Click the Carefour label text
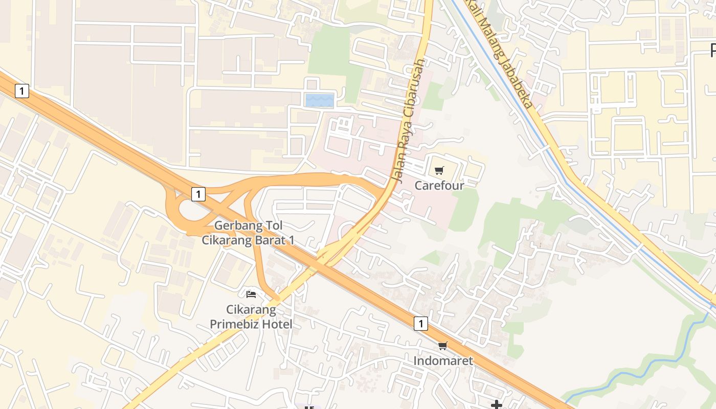[439, 185]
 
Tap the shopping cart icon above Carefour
[439, 170]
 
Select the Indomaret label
[443, 360]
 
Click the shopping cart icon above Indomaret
[443, 346]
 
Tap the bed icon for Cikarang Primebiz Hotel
[251, 294]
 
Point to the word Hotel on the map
[277, 324]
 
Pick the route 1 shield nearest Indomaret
[420, 323]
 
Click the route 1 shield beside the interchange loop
[198, 194]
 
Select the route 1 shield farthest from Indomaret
[21, 91]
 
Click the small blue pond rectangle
[320, 100]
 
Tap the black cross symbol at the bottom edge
[496, 405]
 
